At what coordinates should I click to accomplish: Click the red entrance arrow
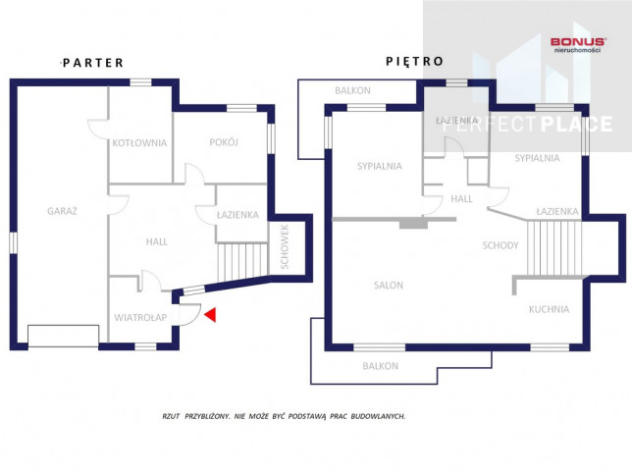tap(211, 315)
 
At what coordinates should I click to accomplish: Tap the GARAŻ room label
tap(62, 211)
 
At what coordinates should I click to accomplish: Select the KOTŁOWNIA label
tap(139, 142)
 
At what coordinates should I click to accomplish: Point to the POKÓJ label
tap(224, 142)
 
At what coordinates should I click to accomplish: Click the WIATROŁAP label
tap(140, 318)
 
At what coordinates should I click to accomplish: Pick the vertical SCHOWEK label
tap(285, 246)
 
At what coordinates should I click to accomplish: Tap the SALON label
tap(389, 286)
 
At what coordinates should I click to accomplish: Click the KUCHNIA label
tap(549, 309)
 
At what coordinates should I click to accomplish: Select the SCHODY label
tap(500, 245)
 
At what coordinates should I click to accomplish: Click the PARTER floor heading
tap(93, 63)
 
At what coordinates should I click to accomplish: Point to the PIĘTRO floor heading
tap(415, 61)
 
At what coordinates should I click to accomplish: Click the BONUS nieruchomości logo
tap(578, 44)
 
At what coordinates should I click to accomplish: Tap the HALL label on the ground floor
tap(157, 241)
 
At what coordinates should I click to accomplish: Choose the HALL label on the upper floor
tap(461, 198)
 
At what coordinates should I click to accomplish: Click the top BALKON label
tap(352, 90)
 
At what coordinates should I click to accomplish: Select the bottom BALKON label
tap(380, 366)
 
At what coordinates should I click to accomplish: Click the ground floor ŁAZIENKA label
tap(237, 215)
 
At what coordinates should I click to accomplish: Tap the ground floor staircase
tap(242, 262)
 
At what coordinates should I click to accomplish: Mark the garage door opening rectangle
tap(63, 336)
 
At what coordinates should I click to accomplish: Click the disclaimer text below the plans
tap(284, 416)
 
